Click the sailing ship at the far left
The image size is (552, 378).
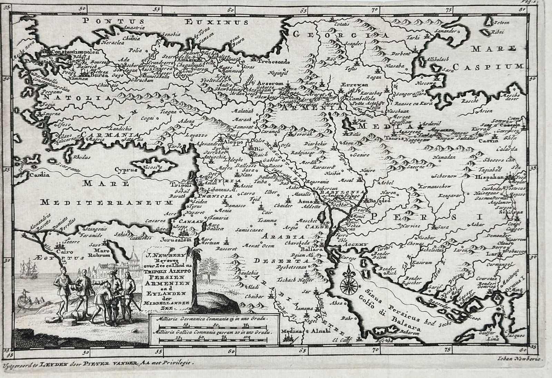[x=28, y=269]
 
